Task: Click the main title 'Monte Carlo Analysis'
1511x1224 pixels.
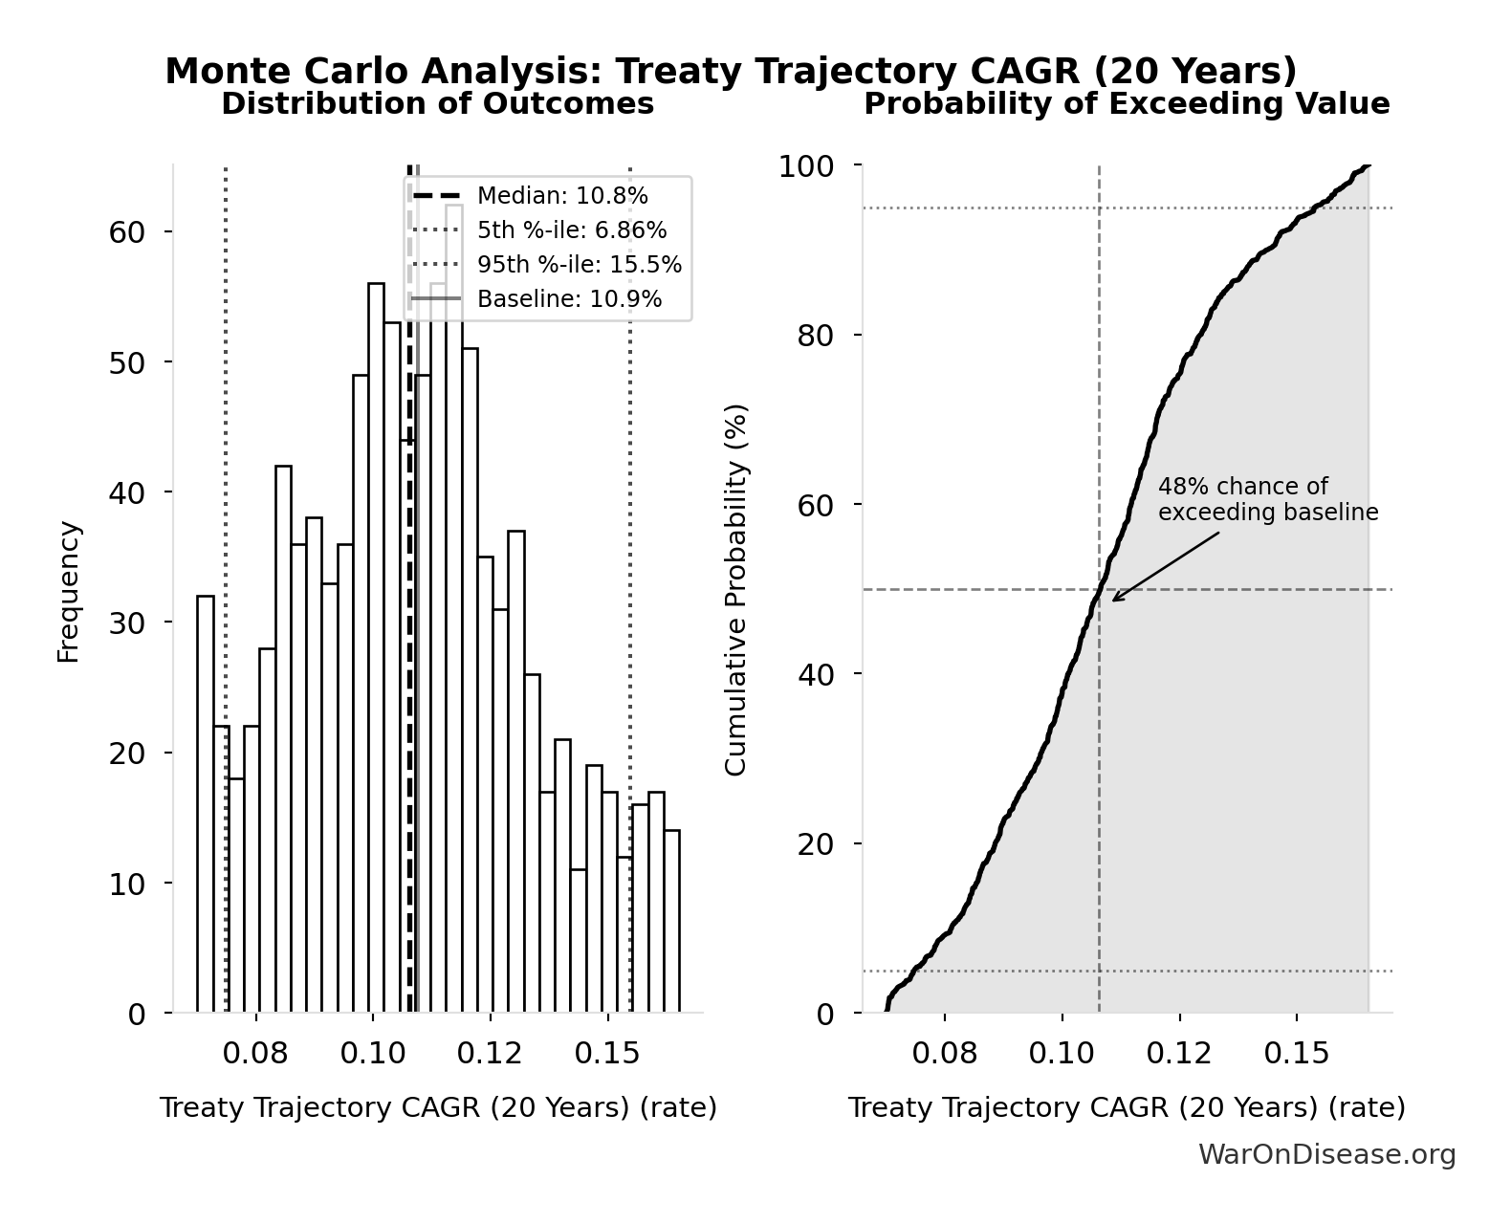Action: (731, 71)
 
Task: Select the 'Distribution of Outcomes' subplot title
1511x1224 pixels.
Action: (437, 104)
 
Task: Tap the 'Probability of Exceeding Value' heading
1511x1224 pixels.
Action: (1127, 104)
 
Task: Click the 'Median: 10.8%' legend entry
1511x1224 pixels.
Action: (562, 196)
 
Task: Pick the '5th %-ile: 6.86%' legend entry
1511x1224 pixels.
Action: (572, 230)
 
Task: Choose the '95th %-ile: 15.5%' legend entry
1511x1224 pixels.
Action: (579, 265)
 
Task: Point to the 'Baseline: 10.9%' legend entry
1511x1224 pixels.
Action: (569, 299)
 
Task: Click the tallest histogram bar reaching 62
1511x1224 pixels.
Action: (454, 612)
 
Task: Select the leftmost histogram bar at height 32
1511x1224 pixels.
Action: (206, 803)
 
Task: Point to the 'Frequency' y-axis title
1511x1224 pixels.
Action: (69, 591)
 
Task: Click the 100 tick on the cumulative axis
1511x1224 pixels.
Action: (805, 166)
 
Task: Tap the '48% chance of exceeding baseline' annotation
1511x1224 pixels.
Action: (1267, 499)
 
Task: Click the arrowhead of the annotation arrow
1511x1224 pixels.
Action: (1114, 600)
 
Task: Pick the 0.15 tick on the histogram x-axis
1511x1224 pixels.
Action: (606, 1053)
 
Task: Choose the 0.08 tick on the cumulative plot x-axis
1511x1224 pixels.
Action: (944, 1053)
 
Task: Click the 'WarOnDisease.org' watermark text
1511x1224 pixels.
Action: (1326, 1155)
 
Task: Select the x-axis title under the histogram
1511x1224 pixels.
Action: (438, 1107)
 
